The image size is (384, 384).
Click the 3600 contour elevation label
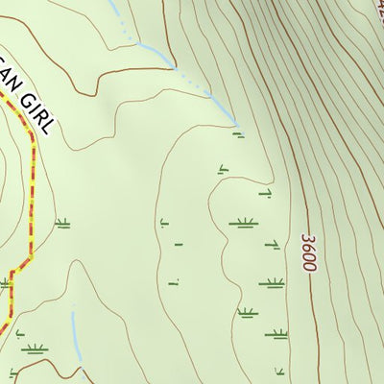pyautogui.click(x=307, y=252)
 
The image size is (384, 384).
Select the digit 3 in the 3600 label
pyautogui.click(x=307, y=236)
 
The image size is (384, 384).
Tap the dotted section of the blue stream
pyautogui.click(x=206, y=96)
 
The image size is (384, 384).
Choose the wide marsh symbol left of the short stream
pyautogui.click(x=35, y=348)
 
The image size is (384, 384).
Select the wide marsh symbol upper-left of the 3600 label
pyautogui.click(x=242, y=224)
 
